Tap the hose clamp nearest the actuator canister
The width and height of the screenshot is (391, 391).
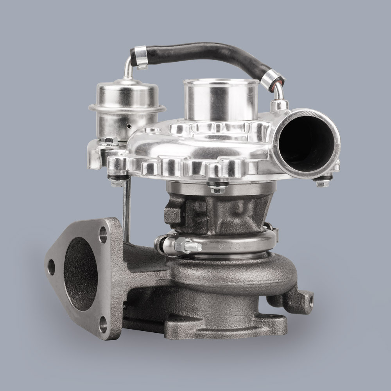coord(139,55)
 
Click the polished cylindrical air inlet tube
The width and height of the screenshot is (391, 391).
coord(221,100)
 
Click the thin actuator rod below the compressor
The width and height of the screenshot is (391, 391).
coord(126,211)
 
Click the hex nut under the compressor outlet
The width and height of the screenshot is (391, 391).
coord(322,181)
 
